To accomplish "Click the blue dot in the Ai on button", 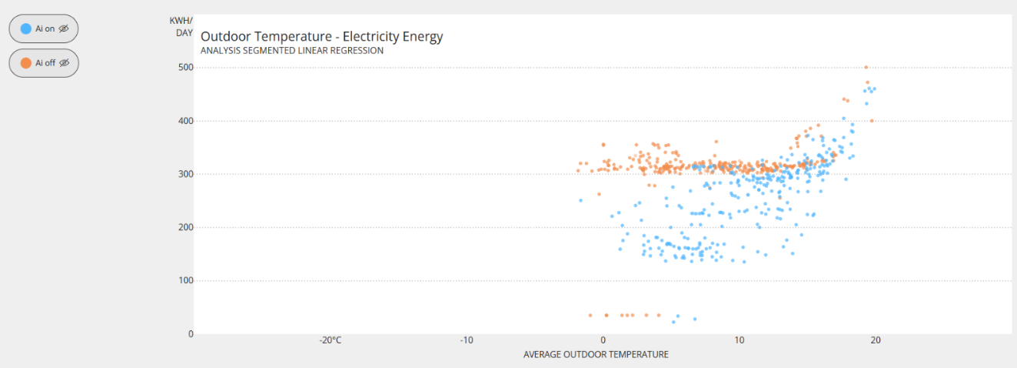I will click(x=26, y=28).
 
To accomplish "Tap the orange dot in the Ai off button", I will click(x=26, y=63).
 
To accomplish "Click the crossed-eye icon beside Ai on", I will click(x=64, y=28).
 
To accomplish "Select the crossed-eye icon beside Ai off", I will click(x=65, y=63).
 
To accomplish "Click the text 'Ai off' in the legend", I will click(x=45, y=63).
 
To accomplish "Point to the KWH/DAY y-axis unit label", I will click(x=182, y=26).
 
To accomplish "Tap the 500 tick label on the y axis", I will click(x=185, y=68).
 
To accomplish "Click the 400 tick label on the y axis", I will click(x=185, y=121).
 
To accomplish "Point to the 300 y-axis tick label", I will click(x=185, y=174).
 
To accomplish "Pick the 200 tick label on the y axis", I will click(x=185, y=227).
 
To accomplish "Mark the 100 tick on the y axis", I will click(x=185, y=280).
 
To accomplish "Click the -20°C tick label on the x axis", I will click(x=331, y=340).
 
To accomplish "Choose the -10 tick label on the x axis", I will click(x=466, y=340).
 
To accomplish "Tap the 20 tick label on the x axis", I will click(x=875, y=340).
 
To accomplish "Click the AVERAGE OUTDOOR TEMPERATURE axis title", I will click(x=596, y=354).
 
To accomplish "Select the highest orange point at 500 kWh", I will click(x=866, y=67).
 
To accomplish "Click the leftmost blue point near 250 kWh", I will click(x=580, y=200).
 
